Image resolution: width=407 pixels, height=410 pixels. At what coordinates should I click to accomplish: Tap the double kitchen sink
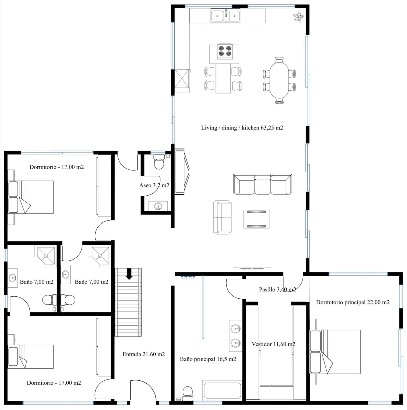[225, 16]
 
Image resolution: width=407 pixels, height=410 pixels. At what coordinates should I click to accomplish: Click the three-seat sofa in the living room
[263, 184]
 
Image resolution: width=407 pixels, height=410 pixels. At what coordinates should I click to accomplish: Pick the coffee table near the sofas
[256, 219]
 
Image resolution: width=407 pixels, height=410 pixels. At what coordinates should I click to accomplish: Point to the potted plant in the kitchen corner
[298, 17]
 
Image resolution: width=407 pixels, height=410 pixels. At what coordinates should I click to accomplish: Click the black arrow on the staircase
[129, 274]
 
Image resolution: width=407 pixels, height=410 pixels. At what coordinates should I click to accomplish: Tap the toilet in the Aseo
[159, 162]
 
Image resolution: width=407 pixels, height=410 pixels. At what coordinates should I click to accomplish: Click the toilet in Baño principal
[188, 394]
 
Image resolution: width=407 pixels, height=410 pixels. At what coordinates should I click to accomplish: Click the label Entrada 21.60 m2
[144, 354]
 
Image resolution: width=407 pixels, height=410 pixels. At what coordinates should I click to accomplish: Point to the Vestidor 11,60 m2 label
[273, 344]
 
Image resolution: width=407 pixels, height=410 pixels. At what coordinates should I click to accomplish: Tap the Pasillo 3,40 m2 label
[277, 289]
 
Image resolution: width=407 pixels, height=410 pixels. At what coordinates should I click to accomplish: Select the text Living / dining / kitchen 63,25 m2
[242, 128]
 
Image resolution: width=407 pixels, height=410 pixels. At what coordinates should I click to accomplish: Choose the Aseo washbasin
[158, 206]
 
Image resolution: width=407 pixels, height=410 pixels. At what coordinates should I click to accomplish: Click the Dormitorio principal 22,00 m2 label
[353, 302]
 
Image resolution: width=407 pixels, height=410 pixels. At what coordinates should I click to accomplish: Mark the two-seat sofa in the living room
[222, 217]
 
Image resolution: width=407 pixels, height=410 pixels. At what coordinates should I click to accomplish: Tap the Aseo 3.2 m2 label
[154, 185]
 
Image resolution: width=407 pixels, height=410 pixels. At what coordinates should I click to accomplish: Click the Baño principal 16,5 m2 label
[208, 359]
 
